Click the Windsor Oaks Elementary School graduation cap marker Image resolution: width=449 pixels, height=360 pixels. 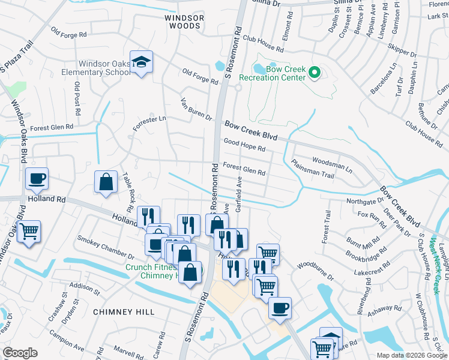(x=141, y=62)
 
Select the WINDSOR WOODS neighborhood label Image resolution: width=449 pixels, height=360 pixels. (x=184, y=22)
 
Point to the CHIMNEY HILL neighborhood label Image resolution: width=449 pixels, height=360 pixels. (x=124, y=312)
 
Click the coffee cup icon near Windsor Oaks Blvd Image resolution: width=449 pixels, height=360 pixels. (x=37, y=178)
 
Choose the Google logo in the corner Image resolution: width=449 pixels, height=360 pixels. (x=20, y=353)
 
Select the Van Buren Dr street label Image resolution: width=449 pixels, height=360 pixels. (x=197, y=109)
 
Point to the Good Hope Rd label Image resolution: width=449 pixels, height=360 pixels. (x=244, y=145)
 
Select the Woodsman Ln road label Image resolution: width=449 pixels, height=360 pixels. (x=331, y=164)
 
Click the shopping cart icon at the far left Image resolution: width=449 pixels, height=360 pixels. (x=28, y=231)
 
